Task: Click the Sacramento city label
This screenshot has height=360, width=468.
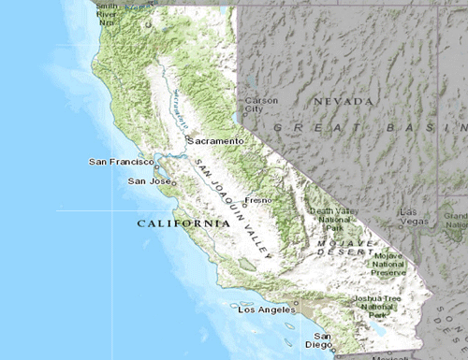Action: pos(217,140)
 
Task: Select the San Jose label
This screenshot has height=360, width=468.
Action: pos(148,180)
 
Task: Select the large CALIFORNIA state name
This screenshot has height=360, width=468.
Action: pos(183,224)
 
